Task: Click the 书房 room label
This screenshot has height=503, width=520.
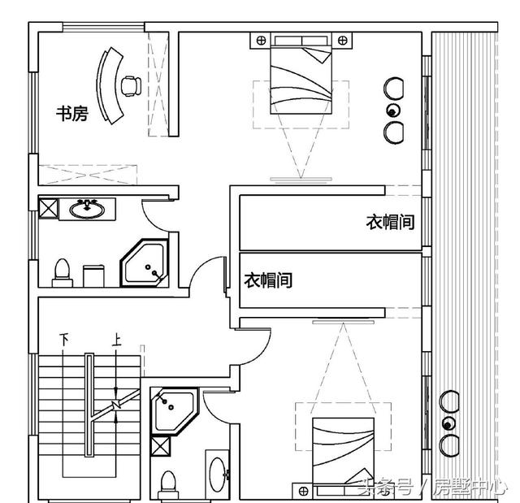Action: [x=72, y=114]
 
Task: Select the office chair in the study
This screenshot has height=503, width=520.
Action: [x=131, y=86]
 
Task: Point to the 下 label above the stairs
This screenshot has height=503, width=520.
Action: [x=64, y=339]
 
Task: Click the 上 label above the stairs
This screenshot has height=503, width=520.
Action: [x=116, y=339]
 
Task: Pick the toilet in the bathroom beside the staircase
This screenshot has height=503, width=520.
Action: [x=168, y=485]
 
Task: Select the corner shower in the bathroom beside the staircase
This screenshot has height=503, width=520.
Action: [x=175, y=411]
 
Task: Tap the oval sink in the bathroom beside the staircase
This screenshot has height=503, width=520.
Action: [x=218, y=475]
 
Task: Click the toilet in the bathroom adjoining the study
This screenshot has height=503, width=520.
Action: [x=62, y=273]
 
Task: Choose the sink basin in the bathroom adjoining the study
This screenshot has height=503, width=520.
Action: [x=87, y=209]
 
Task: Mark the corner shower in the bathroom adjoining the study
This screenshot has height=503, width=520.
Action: [x=145, y=262]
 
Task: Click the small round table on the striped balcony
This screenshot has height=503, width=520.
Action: [x=448, y=424]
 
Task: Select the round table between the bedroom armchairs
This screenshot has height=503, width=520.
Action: [x=393, y=111]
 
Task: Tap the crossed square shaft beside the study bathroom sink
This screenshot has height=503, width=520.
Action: [x=49, y=208]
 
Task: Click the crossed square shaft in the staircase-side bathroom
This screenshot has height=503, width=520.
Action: [x=160, y=446]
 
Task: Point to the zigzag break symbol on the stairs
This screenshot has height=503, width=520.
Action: [x=115, y=404]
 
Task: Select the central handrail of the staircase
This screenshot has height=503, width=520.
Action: [x=89, y=405]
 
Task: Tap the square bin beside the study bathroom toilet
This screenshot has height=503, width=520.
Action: [x=93, y=275]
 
